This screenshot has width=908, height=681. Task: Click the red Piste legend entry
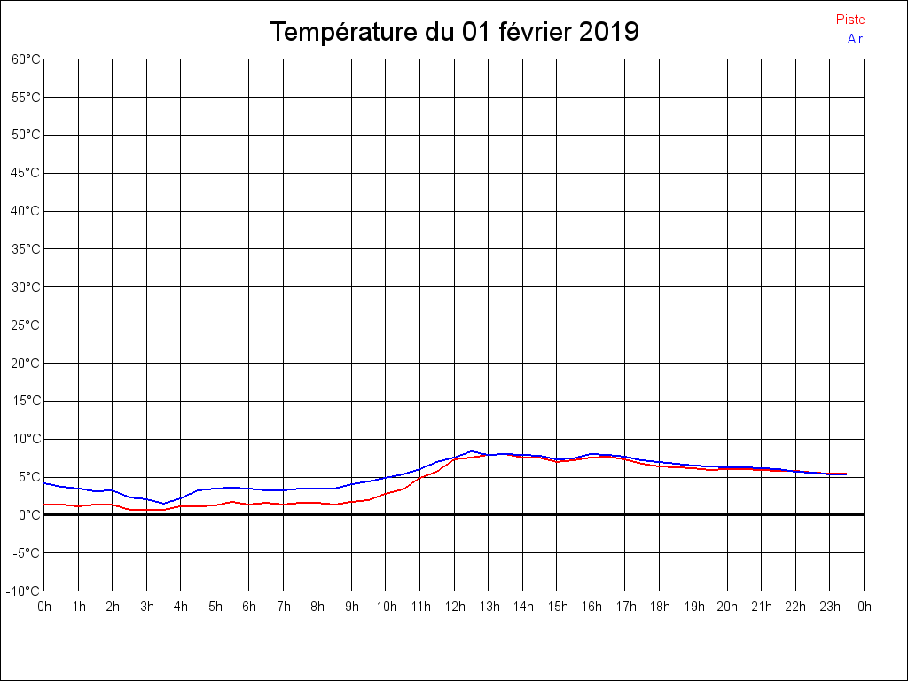849,20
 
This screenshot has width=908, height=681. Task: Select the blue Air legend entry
855,39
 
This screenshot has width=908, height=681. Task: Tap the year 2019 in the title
608,32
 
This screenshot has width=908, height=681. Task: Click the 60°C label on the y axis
26,59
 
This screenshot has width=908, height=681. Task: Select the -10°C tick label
24,591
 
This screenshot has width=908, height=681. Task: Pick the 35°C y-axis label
26,249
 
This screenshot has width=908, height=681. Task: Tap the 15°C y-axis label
26,401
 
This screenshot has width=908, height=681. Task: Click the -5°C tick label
26,553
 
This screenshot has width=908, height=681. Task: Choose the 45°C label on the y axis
26,173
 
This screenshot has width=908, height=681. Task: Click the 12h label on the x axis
454,607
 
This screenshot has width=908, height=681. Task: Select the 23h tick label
830,607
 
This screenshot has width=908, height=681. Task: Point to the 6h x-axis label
249,607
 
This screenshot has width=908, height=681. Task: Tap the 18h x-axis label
659,607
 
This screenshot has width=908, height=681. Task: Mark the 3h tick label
146,607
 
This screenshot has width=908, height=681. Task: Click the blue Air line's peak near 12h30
472,450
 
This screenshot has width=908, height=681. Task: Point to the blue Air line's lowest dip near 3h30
164,504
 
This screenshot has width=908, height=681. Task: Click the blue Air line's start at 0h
45,483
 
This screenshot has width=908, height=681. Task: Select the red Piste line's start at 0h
45,505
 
